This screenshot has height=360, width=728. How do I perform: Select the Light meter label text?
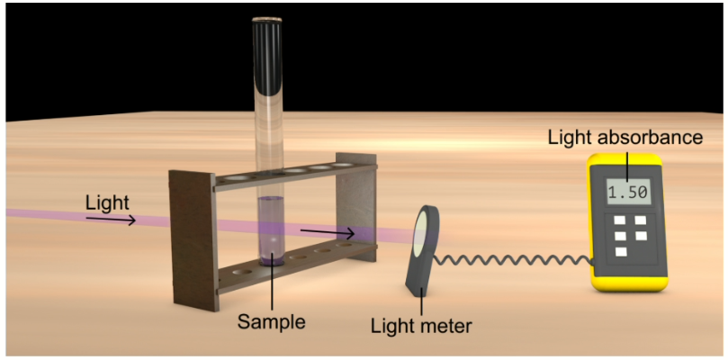click(421, 325)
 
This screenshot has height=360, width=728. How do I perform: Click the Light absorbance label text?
click(624, 138)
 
